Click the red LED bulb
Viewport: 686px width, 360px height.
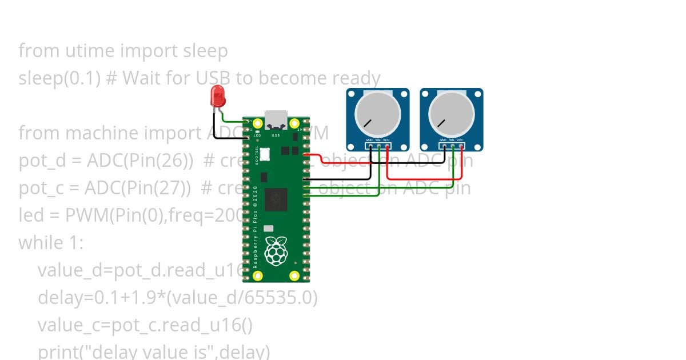pos(218,96)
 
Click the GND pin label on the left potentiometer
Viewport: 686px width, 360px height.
pos(369,140)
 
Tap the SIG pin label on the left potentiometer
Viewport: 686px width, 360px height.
pos(378,140)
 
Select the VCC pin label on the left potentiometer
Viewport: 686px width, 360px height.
pos(386,140)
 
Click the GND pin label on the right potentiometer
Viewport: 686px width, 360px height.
pos(443,140)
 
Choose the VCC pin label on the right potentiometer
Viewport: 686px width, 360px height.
pos(460,140)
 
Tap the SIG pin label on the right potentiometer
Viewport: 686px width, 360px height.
pos(452,140)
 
